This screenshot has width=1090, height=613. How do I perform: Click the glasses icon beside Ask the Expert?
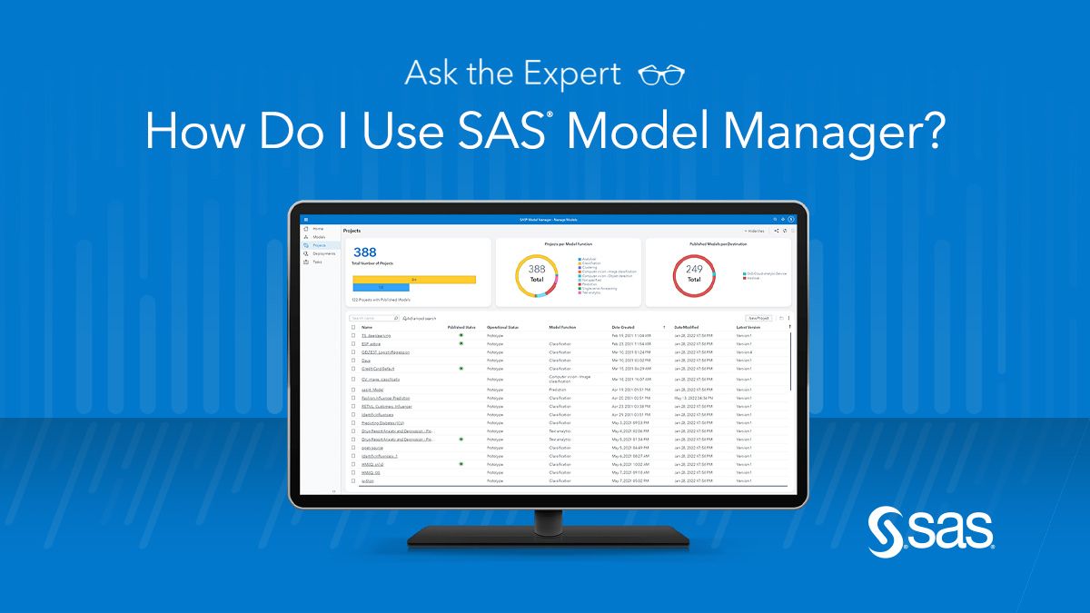(x=661, y=74)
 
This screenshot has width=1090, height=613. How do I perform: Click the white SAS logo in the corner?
(x=931, y=531)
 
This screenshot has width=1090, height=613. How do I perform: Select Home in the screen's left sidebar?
(x=318, y=229)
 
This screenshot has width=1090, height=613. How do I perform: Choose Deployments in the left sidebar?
(x=323, y=253)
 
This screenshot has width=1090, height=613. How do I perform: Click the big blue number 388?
(x=364, y=252)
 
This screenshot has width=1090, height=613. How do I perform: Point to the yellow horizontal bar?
(x=413, y=279)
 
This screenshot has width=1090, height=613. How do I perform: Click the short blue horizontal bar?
(x=381, y=287)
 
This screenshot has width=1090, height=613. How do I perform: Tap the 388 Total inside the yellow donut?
(x=537, y=273)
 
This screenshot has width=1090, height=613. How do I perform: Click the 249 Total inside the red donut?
(x=694, y=273)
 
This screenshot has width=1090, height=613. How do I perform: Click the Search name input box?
(x=373, y=319)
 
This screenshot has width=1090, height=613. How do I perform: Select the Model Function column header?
(x=561, y=327)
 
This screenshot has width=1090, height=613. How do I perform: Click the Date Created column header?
(x=623, y=327)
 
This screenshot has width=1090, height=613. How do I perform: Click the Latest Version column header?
(x=748, y=327)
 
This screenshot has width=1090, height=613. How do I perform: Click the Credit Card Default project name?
(x=379, y=369)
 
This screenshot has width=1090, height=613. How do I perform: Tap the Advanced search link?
(x=421, y=319)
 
